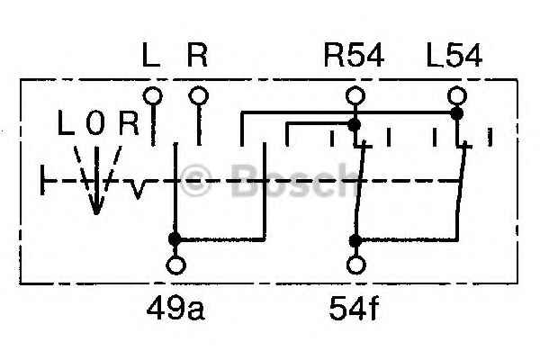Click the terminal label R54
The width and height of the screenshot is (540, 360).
pos(354,56)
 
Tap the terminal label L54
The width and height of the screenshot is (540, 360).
pos(454,56)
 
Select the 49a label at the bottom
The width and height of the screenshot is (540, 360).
pos(175,309)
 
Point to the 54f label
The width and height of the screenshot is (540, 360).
pos(354,309)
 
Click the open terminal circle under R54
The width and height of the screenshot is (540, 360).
pos(355,95)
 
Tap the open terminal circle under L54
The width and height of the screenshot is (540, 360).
pos(457,95)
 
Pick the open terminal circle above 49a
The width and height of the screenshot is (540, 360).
pos(176,265)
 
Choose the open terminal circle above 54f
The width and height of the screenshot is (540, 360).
pos(355,265)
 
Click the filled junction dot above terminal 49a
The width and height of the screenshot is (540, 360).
pos(175,238)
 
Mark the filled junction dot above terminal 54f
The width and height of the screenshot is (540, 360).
pos(355,240)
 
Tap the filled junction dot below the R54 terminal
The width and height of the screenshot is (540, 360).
pos(354,125)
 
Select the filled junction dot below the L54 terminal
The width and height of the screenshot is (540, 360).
pos(456,113)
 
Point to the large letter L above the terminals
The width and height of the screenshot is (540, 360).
pos(151,56)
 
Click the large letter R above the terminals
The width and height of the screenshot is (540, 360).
pos(197,56)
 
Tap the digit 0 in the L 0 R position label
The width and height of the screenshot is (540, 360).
pos(95,122)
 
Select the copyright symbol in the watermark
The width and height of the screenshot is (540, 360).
pos(195,180)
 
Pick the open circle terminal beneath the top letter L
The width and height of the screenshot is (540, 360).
pos(153,95)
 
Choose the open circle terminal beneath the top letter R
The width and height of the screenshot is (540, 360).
pos(199,95)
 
